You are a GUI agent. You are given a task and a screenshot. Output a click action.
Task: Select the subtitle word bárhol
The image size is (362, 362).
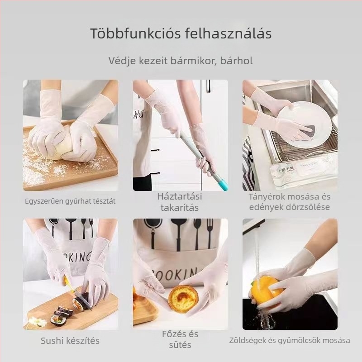coord(237,60)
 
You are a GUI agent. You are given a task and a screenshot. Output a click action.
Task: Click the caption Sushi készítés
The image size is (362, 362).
coord(70,341)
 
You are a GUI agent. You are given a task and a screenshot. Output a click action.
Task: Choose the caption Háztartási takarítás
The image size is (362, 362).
coord(180,202)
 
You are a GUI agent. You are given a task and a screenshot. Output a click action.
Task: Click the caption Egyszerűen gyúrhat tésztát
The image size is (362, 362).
coord(70,201)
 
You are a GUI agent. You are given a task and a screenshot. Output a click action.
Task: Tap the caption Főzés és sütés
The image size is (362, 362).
coord(180,339)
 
